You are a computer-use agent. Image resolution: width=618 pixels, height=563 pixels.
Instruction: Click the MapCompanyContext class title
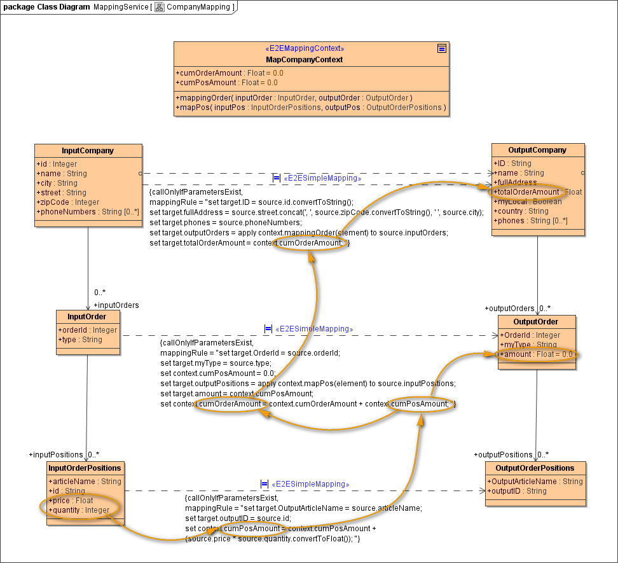click(x=304, y=59)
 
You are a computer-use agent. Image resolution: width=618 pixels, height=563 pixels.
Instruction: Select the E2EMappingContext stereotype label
click(x=304, y=49)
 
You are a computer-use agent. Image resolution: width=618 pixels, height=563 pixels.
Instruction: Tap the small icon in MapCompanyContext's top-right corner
click(x=441, y=48)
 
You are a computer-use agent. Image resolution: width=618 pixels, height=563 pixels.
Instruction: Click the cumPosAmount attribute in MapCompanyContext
click(x=227, y=82)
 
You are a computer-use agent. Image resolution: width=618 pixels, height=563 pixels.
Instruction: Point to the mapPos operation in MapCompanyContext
click(x=311, y=108)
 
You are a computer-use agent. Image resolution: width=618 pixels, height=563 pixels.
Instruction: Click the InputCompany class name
click(x=88, y=151)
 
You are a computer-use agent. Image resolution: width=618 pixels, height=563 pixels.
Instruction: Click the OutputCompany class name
click(x=537, y=150)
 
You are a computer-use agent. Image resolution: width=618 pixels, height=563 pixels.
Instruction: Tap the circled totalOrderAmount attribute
click(x=526, y=191)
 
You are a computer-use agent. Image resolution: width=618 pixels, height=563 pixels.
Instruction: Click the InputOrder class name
click(x=87, y=317)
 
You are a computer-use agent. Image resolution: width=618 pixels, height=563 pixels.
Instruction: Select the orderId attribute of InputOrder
click(x=88, y=330)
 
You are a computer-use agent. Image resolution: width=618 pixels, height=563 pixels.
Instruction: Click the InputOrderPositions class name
click(x=85, y=468)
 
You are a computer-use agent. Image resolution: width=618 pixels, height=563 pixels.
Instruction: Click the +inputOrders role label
click(x=116, y=305)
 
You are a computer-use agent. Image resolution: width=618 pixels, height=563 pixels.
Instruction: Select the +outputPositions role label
click(x=503, y=455)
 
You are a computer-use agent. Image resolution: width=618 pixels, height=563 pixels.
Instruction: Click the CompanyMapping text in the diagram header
click(x=199, y=7)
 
